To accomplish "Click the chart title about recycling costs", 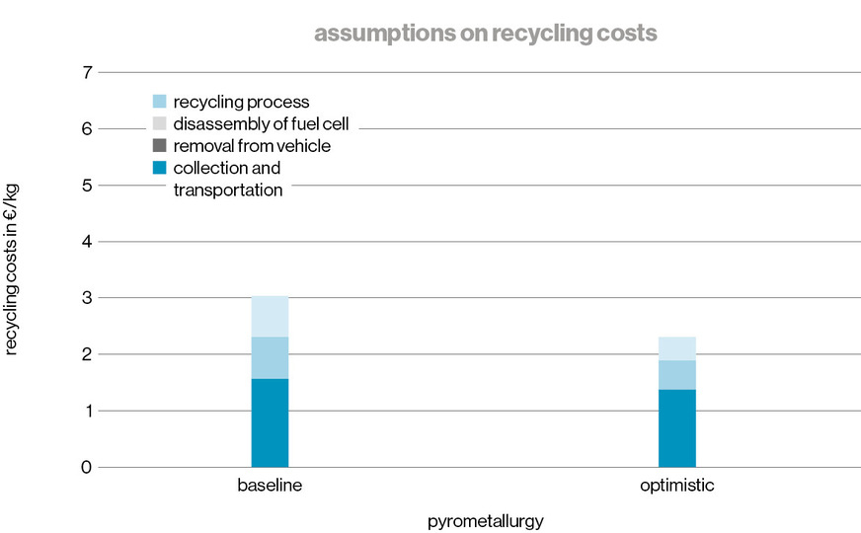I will pyautogui.click(x=486, y=34).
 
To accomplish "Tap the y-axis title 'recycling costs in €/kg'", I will pyautogui.click(x=13, y=268).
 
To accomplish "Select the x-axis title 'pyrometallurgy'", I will pyautogui.click(x=486, y=519).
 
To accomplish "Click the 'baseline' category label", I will pyautogui.click(x=270, y=487).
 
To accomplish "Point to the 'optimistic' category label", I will pyautogui.click(x=676, y=487).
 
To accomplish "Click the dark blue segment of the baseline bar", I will pyautogui.click(x=270, y=422).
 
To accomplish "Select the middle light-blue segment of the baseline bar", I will pyautogui.click(x=270, y=357).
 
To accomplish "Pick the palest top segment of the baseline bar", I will pyautogui.click(x=270, y=316).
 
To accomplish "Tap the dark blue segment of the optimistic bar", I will pyautogui.click(x=676, y=427).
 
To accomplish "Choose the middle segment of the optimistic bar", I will pyautogui.click(x=676, y=374).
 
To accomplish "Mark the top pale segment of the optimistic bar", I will pyautogui.click(x=676, y=348).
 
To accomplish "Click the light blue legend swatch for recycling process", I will pyautogui.click(x=160, y=102).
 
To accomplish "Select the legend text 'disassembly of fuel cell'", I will pyautogui.click(x=261, y=123).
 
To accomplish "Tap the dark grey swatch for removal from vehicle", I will pyautogui.click(x=160, y=145).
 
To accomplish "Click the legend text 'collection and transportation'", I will pyautogui.click(x=228, y=179).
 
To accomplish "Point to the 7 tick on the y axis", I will pyautogui.click(x=86, y=72).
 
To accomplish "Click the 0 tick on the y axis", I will pyautogui.click(x=86, y=467).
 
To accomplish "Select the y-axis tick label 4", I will pyautogui.click(x=86, y=242).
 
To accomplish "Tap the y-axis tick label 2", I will pyautogui.click(x=86, y=354).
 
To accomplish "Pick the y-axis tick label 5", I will pyautogui.click(x=86, y=186).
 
